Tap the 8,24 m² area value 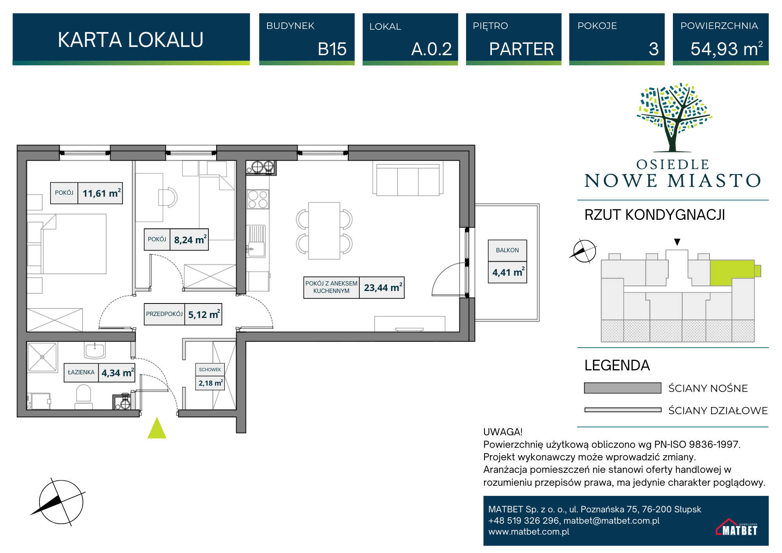(x=190, y=240)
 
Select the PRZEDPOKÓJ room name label (x=164, y=314)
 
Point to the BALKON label (x=508, y=250)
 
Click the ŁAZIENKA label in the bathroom (x=81, y=372)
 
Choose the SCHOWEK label (x=210, y=370)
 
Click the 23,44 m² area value (x=382, y=288)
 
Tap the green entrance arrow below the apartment (x=157, y=429)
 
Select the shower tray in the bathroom (x=42, y=357)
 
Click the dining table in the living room (x=324, y=231)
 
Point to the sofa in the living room (x=408, y=180)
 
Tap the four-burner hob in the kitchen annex (x=258, y=199)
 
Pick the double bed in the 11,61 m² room (x=74, y=244)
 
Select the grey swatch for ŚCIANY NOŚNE (x=622, y=388)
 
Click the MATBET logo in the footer (x=737, y=527)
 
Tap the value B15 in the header (x=332, y=49)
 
